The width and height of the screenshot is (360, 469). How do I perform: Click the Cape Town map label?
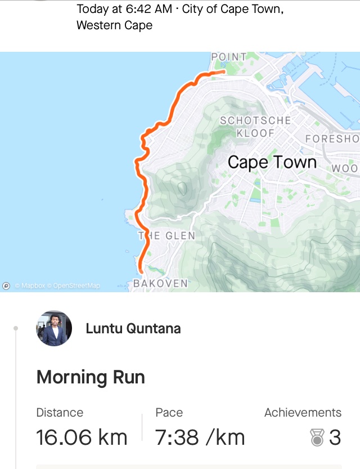[x=272, y=163]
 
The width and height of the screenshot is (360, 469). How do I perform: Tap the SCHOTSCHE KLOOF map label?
[x=255, y=127]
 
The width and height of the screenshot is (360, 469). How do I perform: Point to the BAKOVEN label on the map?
[x=160, y=283]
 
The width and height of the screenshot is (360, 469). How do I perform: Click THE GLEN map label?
[x=166, y=236]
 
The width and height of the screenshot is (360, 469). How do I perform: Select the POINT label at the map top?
[x=229, y=56]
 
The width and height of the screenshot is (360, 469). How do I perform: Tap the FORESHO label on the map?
[x=332, y=139]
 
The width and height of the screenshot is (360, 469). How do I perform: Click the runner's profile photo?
[x=54, y=328]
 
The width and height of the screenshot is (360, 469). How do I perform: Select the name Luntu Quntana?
[x=133, y=328]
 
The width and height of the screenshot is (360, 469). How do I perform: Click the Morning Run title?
[x=91, y=377]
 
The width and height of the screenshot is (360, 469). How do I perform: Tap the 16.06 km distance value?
[x=82, y=437]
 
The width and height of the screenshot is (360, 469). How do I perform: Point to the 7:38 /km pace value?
[x=200, y=437]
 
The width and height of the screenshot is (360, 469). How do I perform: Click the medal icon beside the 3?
[x=317, y=437]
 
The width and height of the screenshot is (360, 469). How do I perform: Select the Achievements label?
[x=303, y=413]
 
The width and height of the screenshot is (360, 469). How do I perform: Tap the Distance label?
[x=60, y=413]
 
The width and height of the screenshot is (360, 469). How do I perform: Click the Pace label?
[x=169, y=413]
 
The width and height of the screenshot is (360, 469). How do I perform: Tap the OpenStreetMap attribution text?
[x=76, y=285]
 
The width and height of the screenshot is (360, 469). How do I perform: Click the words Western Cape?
[x=114, y=25]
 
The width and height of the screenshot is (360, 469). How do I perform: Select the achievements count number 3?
[x=335, y=437]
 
